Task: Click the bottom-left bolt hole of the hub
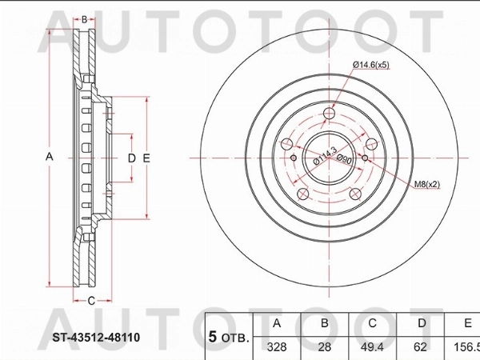tap(302, 195)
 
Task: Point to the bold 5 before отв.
tap(214, 336)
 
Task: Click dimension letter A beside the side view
tap(49, 158)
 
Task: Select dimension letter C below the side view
tap(90, 301)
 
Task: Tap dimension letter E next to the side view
tap(146, 158)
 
